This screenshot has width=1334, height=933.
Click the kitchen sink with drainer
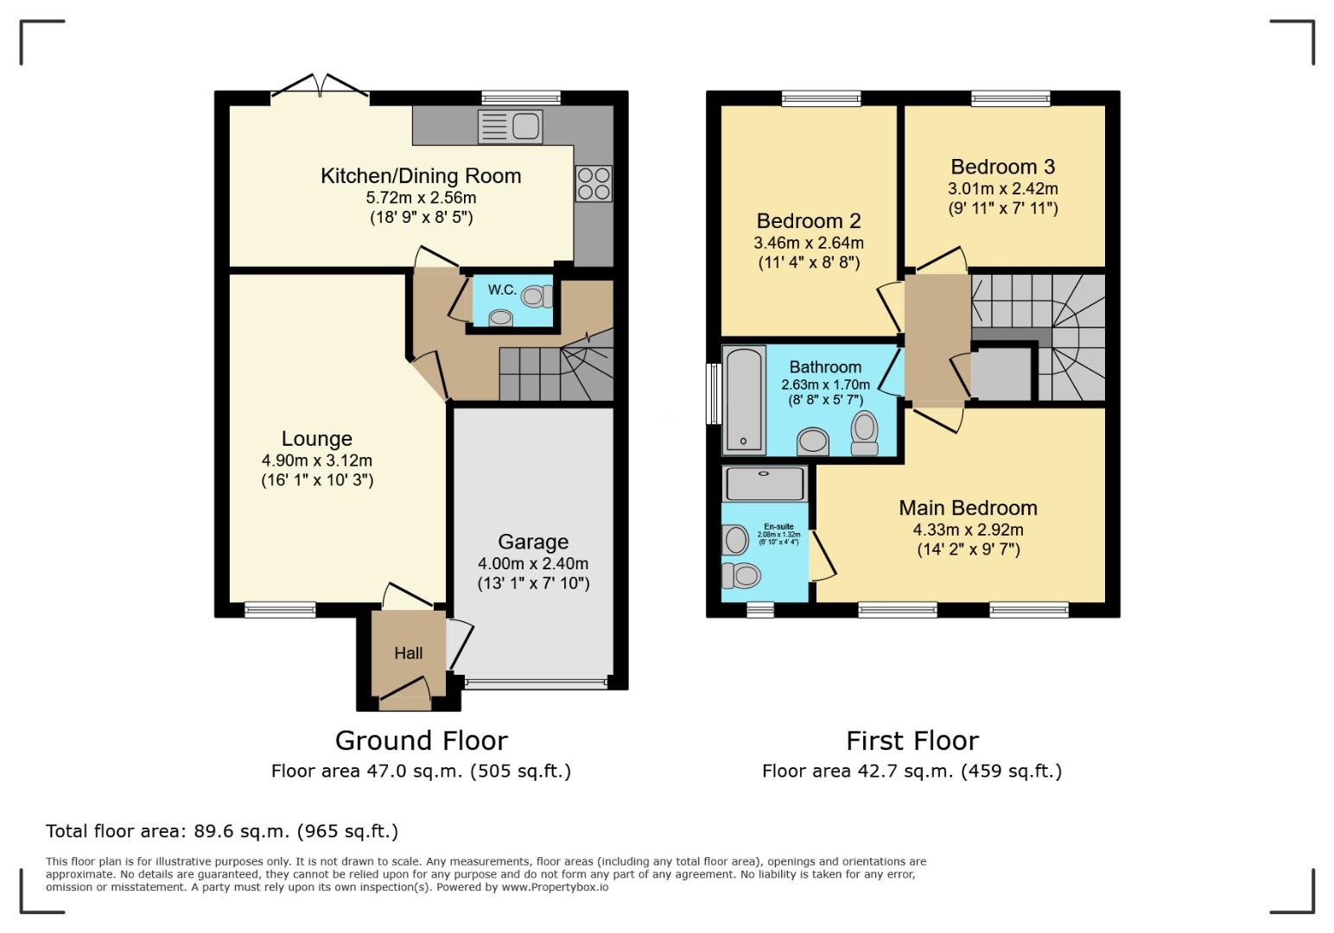coord(510,127)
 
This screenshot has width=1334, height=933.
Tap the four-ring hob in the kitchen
coord(594,183)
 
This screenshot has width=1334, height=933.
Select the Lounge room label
coord(317,439)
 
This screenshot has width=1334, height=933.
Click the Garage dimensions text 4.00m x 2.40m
coord(533,563)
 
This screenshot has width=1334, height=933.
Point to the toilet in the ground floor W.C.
coord(536,296)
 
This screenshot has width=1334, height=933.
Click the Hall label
coord(409,653)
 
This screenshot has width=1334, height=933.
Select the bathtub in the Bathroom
coord(745,399)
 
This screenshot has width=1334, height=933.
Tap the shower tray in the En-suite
coord(765,484)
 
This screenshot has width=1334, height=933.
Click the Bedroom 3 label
coord(1002,167)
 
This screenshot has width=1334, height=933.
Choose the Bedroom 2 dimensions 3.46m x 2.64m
coord(809,243)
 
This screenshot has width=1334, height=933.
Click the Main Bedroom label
coord(968,508)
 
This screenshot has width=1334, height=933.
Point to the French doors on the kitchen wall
coord(321,91)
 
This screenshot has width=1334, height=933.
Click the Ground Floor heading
coord(421,740)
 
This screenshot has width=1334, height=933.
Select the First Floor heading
coord(912,740)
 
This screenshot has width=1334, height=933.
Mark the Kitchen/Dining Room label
coord(421,176)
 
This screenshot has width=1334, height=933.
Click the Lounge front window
coord(280,610)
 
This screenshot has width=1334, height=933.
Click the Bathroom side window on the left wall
coord(714,393)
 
